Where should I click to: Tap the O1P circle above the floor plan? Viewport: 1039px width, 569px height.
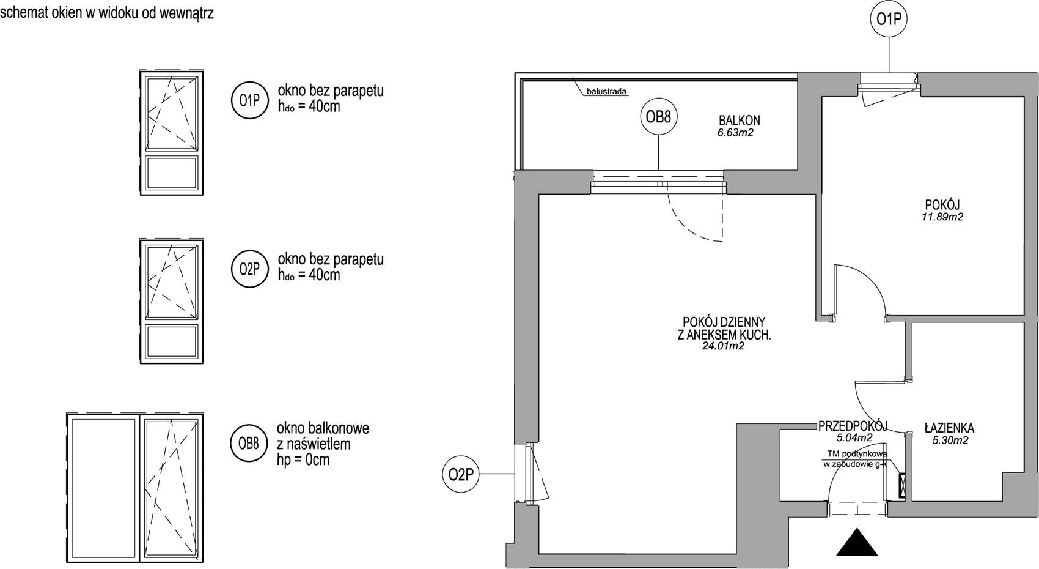[889, 20]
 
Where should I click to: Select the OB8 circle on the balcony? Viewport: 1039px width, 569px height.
[659, 117]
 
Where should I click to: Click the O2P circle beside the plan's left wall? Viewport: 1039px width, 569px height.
[461, 474]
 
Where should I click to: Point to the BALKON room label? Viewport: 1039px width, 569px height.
[740, 121]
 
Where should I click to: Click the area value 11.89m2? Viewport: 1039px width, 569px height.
[942, 217]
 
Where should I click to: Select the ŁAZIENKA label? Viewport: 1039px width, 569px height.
[949, 428]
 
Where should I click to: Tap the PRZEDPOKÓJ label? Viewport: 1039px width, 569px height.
[853, 426]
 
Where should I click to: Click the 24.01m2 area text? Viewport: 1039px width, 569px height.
[724, 346]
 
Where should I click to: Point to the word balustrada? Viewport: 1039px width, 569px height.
[607, 92]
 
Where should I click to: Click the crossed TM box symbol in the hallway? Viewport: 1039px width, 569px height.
[902, 486]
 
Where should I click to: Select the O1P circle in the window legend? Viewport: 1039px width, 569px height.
[249, 100]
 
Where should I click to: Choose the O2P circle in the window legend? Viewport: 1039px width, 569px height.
[249, 269]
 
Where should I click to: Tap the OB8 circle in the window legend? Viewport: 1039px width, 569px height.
[249, 444]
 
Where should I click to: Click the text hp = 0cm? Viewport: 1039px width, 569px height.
[303, 460]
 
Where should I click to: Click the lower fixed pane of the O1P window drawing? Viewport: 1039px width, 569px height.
[172, 173]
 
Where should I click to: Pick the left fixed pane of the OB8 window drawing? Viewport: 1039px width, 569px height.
[103, 487]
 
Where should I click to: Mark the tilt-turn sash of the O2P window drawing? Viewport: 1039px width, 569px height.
[172, 281]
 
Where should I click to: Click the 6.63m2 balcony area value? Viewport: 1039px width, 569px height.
[736, 133]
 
